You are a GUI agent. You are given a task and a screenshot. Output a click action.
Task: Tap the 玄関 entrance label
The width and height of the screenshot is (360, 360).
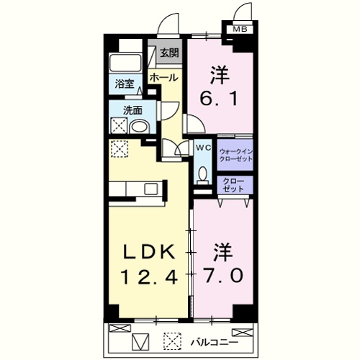point(169,53)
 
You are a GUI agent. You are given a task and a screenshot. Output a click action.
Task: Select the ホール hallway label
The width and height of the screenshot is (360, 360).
point(163,77)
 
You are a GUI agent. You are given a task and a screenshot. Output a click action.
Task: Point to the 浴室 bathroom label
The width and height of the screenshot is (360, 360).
point(125,84)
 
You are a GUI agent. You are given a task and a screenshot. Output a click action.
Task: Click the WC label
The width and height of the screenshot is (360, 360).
point(203,147)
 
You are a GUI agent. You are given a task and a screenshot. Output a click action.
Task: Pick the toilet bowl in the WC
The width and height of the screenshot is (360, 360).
point(203,175)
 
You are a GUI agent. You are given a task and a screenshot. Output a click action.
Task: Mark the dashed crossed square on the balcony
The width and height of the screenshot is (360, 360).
point(172,339)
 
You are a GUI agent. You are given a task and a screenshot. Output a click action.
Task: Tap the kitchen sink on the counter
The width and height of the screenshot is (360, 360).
point(150,189)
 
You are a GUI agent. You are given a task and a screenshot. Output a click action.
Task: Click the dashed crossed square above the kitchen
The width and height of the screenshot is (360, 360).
point(120,149)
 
